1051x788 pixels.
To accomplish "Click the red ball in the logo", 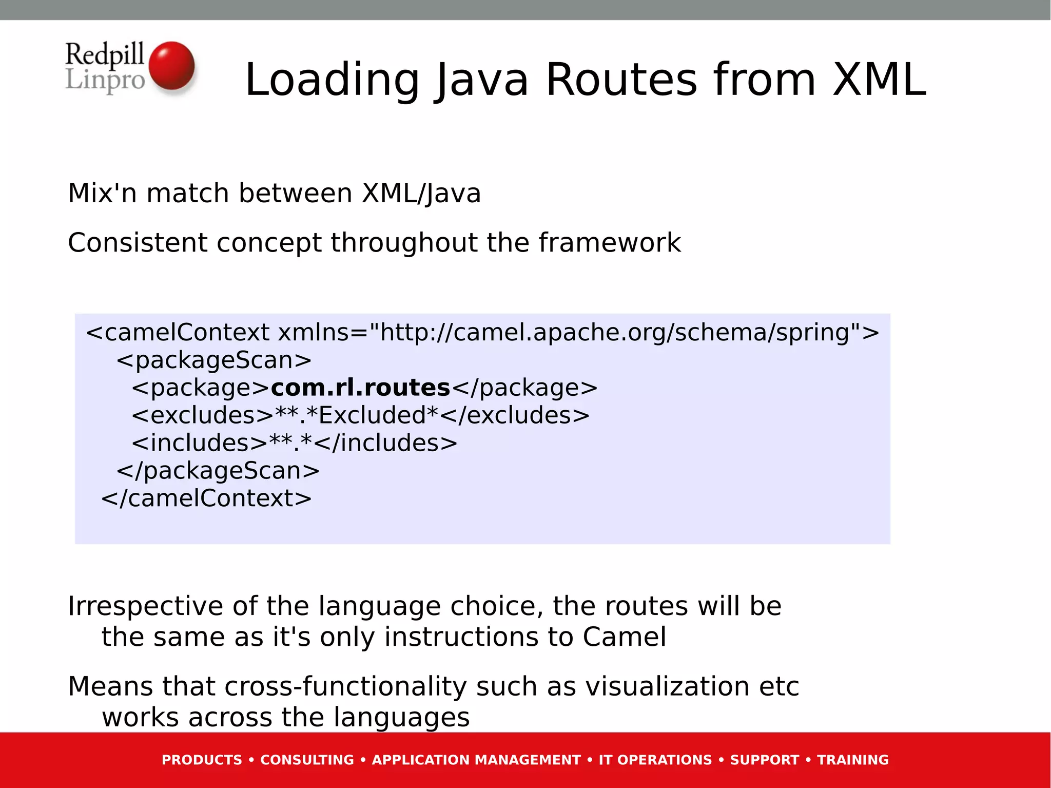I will click(172, 66).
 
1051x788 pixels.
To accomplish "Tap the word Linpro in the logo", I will click(105, 81).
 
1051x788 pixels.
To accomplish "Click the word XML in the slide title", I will click(879, 80).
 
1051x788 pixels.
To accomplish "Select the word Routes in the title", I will click(621, 80).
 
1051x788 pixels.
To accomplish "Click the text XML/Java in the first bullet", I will click(421, 194).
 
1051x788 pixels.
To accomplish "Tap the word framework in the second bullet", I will click(610, 242).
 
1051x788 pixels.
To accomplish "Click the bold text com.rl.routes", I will click(360, 388).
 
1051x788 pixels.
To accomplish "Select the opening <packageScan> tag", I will click(214, 360).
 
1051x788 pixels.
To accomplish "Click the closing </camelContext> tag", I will click(206, 498).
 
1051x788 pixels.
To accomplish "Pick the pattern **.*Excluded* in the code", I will click(356, 415).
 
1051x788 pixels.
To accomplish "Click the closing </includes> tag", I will click(385, 443).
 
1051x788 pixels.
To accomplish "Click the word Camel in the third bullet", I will click(624, 637).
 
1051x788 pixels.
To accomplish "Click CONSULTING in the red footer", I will click(307, 760).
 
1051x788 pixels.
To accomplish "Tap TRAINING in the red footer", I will click(852, 760).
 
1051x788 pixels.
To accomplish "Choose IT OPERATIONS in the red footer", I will click(655, 760).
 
